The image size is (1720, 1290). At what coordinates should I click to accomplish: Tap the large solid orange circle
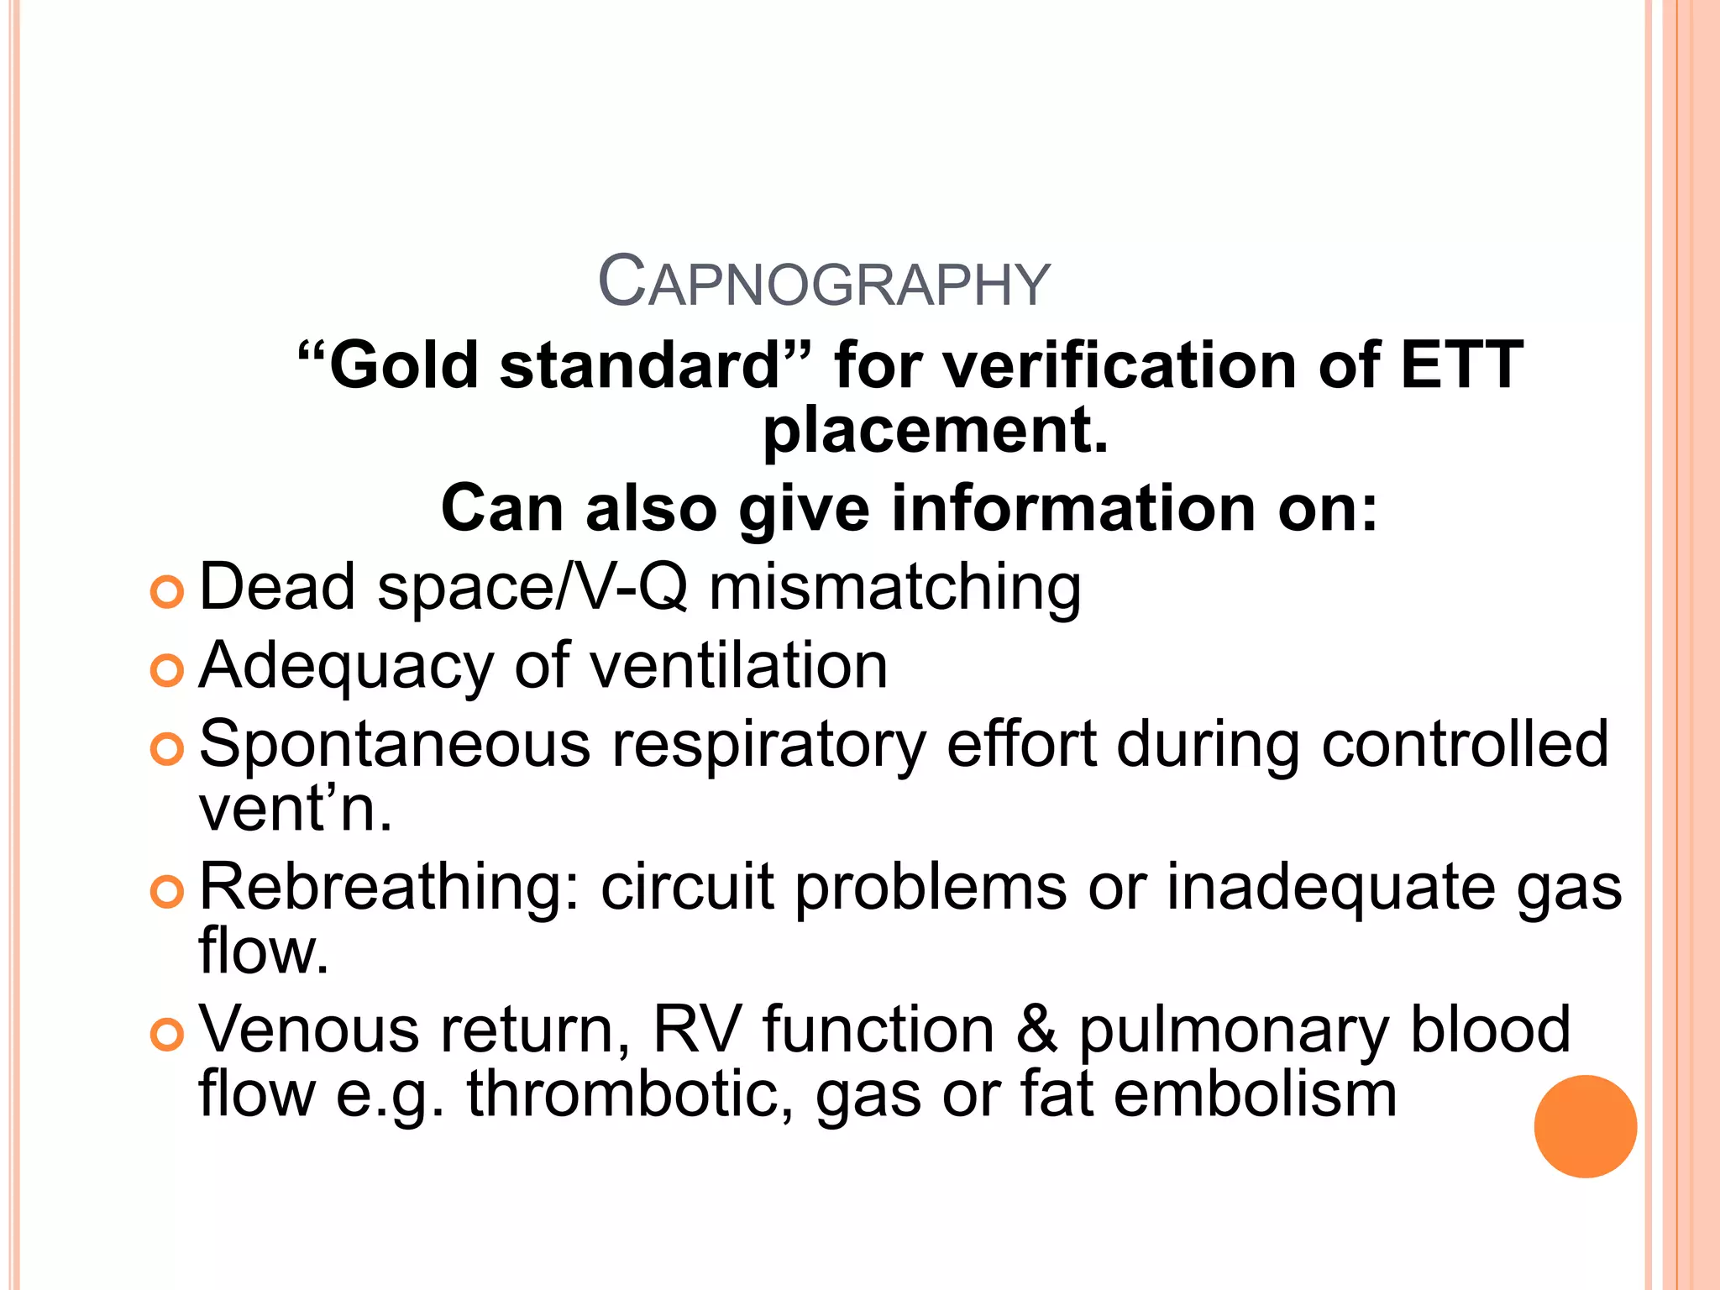(1585, 1126)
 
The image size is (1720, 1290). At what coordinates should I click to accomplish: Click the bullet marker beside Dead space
(167, 592)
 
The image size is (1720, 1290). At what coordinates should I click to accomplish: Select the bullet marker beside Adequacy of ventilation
(167, 670)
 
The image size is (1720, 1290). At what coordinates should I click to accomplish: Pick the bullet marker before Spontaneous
(167, 749)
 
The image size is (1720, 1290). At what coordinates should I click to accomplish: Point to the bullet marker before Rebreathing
(167, 892)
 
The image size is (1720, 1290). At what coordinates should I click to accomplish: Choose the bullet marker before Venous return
(167, 1035)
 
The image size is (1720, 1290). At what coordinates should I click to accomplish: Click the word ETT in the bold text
(1460, 365)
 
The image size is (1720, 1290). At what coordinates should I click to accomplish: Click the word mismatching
(895, 587)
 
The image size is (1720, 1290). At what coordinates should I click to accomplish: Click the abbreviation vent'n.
(295, 810)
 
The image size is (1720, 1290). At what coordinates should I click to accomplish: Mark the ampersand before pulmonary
(1036, 1030)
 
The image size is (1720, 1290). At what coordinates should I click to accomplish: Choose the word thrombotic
(630, 1095)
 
